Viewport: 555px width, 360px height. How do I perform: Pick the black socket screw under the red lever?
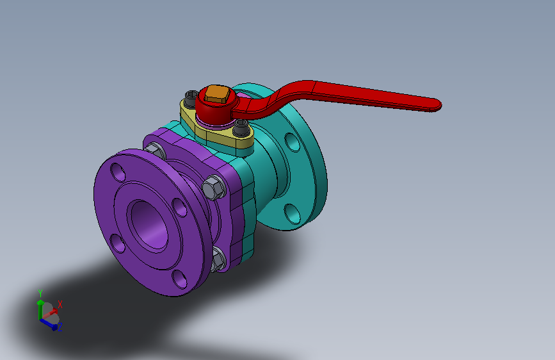[241, 127]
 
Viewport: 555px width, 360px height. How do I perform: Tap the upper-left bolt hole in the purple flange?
[118, 172]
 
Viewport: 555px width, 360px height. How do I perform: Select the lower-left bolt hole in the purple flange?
[118, 243]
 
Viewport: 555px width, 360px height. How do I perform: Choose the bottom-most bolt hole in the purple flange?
[179, 279]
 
